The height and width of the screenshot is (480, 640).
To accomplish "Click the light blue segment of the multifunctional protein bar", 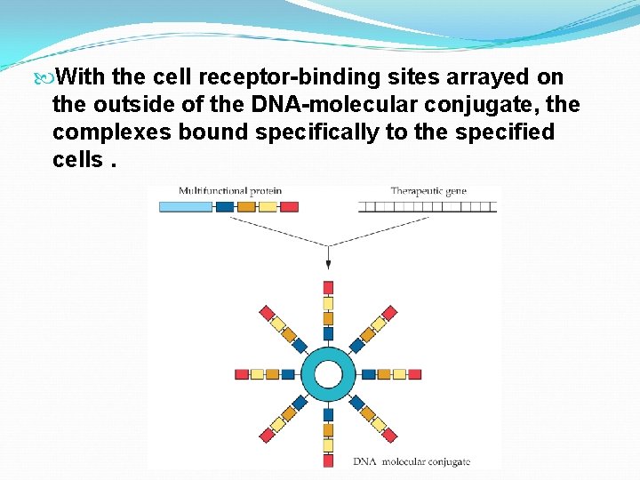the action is [x=186, y=206].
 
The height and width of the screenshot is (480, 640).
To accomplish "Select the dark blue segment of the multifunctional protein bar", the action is [x=225, y=206].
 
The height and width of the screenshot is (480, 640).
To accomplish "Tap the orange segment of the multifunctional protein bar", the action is [x=246, y=206].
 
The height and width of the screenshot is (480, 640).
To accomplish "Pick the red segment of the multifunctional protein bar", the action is [x=289, y=206].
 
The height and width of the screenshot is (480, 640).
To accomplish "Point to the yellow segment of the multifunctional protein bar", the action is [x=268, y=206].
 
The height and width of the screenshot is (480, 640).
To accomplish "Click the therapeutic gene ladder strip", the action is [x=427, y=206].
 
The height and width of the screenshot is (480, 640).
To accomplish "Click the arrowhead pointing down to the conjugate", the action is [x=328, y=263].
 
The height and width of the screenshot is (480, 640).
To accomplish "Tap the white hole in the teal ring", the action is [x=328, y=374].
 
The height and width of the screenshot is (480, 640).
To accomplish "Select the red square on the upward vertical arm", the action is [x=328, y=287].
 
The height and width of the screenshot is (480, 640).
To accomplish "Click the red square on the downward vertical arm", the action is [x=328, y=460].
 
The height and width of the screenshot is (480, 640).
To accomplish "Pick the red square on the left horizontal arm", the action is [x=242, y=374].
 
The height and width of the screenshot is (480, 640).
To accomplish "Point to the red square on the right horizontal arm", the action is [x=415, y=374].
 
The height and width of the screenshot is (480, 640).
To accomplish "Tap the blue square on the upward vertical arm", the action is [x=328, y=333].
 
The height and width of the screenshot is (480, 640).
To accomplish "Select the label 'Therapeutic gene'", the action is [x=428, y=191].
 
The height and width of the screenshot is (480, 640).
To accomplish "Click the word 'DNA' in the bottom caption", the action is [x=364, y=461].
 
